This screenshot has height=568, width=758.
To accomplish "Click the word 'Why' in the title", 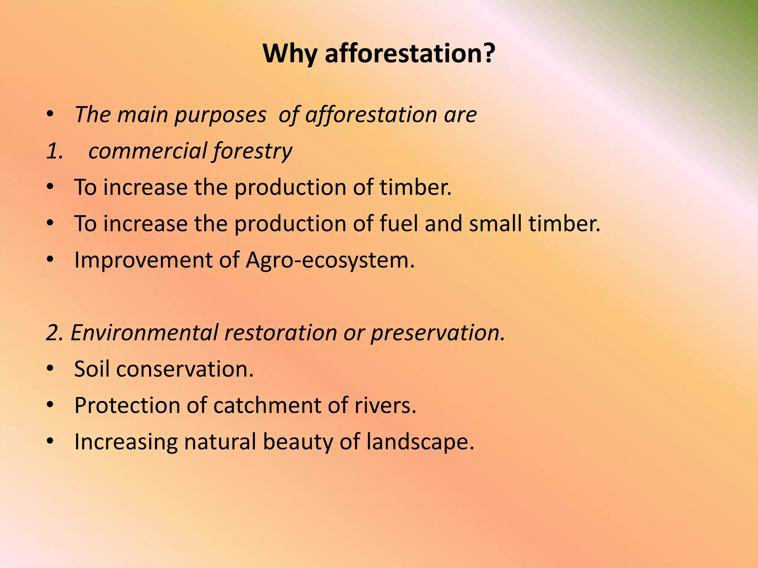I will click(x=290, y=54).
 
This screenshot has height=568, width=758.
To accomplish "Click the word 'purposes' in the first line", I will click(x=220, y=115).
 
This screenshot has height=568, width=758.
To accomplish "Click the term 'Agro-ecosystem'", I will click(x=329, y=260).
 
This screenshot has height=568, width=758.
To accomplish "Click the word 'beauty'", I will click(x=298, y=442).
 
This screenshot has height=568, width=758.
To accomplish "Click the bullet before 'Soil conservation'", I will click(x=50, y=369).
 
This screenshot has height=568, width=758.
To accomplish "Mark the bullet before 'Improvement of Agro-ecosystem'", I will click(x=50, y=260).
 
